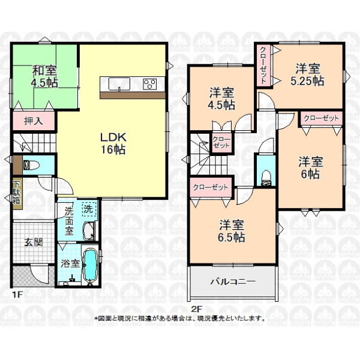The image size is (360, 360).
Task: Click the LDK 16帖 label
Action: click(113, 143)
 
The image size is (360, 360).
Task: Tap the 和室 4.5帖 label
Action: click(44, 76)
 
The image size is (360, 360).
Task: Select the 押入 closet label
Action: click(34, 121)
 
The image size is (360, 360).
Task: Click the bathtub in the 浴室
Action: click(90, 266)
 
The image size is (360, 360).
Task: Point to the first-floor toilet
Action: click(31, 165)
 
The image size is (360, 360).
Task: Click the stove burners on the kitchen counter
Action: click(149, 84)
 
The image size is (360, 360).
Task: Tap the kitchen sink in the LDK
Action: click(119, 84)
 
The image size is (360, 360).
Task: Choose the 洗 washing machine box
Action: click(88, 209)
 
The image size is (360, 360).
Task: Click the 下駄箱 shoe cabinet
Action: click(17, 194)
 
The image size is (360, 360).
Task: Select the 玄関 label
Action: click(34, 242)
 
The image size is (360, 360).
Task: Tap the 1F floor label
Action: click(17, 295)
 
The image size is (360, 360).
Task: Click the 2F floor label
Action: click(197, 309)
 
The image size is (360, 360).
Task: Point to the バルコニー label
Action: click(233, 281)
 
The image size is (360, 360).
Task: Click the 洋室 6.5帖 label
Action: click(232, 231)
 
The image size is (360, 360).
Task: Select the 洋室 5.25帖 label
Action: click(308, 75)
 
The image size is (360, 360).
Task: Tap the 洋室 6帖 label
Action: click(310, 168)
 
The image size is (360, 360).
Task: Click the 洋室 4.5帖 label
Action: click(221, 98)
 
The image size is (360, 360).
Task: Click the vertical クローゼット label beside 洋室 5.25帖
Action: click(263, 65)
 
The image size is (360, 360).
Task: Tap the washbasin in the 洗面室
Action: click(89, 231)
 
